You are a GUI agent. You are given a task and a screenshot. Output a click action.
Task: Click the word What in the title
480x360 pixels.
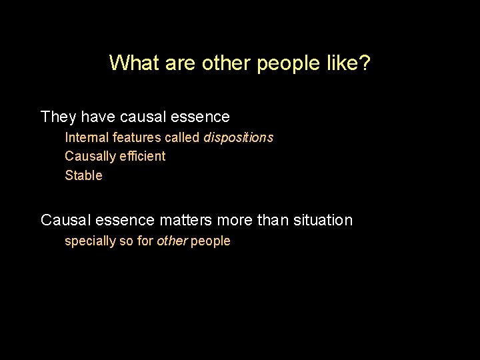tap(133, 63)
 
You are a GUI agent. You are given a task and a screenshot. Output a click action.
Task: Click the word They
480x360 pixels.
tap(59, 117)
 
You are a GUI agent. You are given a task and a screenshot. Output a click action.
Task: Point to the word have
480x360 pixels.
tap(98, 117)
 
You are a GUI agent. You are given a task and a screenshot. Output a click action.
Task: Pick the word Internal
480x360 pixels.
tap(86, 137)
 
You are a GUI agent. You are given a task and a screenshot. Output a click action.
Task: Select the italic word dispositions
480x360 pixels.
tap(238, 137)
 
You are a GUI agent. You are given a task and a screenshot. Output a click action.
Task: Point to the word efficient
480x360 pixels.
tap(143, 156)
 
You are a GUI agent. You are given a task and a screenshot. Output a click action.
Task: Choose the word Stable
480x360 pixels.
tap(83, 175)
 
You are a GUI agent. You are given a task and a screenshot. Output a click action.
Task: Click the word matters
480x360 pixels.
tap(185, 220)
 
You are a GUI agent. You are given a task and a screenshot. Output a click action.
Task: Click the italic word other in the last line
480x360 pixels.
tap(172, 241)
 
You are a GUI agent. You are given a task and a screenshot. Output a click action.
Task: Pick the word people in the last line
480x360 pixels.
tap(211, 241)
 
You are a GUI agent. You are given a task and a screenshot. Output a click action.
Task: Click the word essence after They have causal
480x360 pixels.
tap(199, 117)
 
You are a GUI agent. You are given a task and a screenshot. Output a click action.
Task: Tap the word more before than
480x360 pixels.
tap(233, 220)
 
